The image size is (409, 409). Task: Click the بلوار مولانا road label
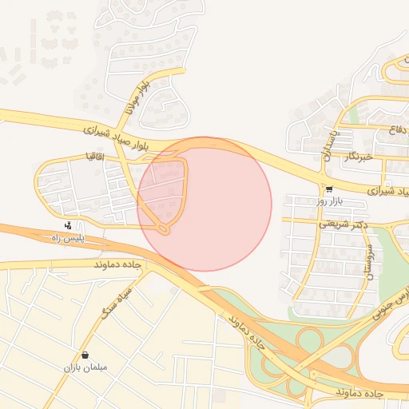click(x=135, y=97)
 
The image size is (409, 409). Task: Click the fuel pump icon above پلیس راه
click(x=69, y=225)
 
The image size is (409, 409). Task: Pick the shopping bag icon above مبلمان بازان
click(x=85, y=355)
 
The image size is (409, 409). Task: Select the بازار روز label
click(x=329, y=202)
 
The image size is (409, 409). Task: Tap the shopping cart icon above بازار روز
click(x=329, y=189)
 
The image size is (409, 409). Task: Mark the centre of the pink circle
click(x=204, y=204)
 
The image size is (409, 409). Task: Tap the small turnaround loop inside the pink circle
click(x=164, y=230)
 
